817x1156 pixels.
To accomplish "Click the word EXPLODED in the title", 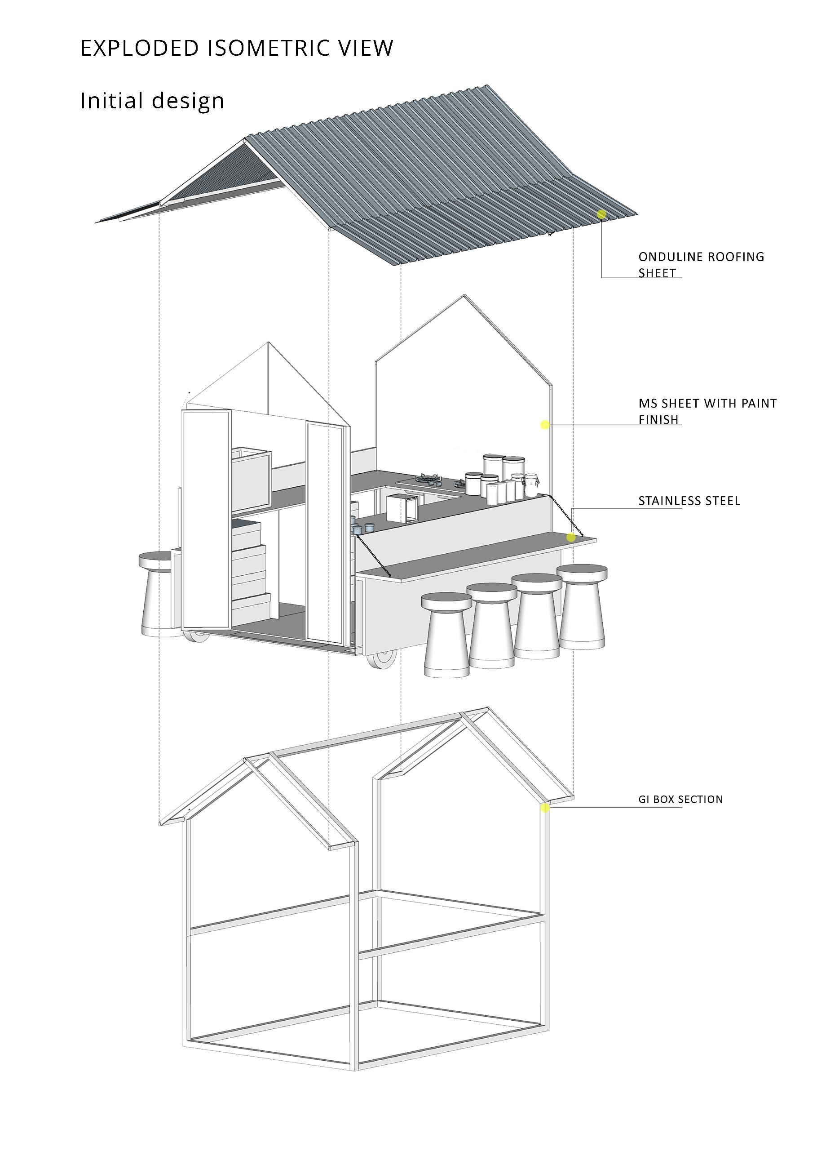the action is pos(140,49).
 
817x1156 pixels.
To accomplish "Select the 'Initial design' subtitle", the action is pos(152,101).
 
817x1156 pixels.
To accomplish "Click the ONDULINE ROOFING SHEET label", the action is pos(701,265).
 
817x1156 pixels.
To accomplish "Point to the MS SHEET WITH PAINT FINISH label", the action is pos(707,411).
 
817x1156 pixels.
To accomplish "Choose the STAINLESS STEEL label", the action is pos(689,501).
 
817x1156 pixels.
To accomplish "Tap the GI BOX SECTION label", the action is pos(680,800).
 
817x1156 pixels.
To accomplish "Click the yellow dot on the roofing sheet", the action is pos(601,214).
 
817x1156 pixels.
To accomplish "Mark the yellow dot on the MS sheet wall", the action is pos(544,424).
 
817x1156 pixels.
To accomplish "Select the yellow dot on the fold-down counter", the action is pos(571,537).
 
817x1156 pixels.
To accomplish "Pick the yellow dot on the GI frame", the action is pos(544,808).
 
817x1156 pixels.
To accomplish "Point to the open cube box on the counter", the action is pos(402,508).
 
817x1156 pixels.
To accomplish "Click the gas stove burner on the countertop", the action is pos(429,478).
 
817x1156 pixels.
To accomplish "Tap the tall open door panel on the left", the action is pos(206,519).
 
